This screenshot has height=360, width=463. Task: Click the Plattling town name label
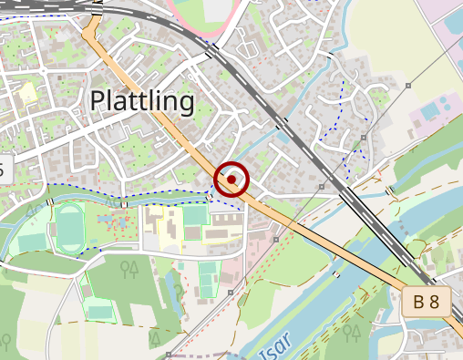tap(142, 101)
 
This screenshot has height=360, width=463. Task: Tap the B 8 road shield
tap(427, 302)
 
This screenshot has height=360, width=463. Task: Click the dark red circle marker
tap(232, 180)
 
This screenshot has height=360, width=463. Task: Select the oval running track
tap(69, 228)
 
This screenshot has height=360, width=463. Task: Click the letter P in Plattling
tap(98, 101)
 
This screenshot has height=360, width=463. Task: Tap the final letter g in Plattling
tap(186, 104)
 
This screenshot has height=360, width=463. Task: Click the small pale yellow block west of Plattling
tap(28, 91)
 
